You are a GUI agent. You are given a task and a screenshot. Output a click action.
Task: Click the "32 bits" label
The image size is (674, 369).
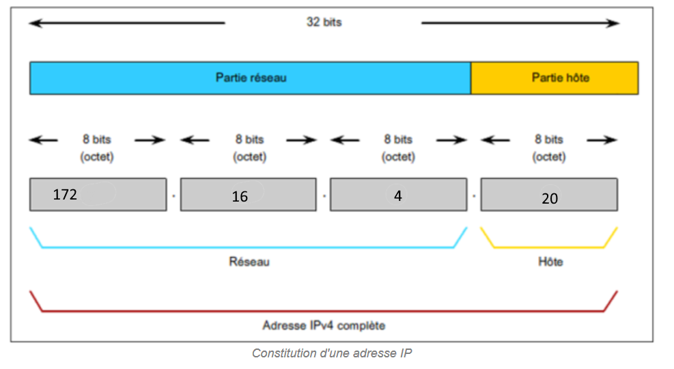coord(324,23)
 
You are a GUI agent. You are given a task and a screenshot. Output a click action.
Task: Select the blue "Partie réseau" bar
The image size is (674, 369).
coord(251,78)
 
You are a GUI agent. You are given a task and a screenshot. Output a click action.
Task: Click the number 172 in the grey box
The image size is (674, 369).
coord(65,195)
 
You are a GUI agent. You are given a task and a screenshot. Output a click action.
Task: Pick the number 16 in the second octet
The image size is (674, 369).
coord(240,197)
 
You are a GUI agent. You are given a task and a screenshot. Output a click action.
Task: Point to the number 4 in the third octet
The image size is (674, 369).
coord(398,195)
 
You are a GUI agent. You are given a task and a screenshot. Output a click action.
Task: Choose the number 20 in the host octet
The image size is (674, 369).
coord(550,198)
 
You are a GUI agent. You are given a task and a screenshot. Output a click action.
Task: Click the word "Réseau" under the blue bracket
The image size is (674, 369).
coord(249,261)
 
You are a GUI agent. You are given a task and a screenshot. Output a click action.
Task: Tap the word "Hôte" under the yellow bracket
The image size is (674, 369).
coord(550,261)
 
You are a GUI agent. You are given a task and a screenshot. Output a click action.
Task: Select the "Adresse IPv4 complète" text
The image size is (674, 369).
coord(324,325)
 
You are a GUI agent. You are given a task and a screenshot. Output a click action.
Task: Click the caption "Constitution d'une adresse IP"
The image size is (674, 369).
coord(332,353)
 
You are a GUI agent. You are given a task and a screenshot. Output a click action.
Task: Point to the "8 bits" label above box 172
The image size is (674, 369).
coord(96,139)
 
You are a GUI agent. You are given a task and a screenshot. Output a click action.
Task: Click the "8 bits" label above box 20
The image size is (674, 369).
coord(549,139)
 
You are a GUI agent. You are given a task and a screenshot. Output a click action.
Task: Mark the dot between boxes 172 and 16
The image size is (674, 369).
coord(173,196)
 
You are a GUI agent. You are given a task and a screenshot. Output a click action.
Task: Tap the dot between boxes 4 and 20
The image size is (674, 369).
coord(474,196)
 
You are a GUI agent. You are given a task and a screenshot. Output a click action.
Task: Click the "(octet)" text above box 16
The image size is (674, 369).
coord(249,156)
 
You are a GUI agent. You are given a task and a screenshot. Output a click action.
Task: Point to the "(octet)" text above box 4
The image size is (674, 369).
coord(397,156)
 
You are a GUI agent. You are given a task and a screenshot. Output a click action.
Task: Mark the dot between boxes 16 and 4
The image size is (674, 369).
coord(324,196)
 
